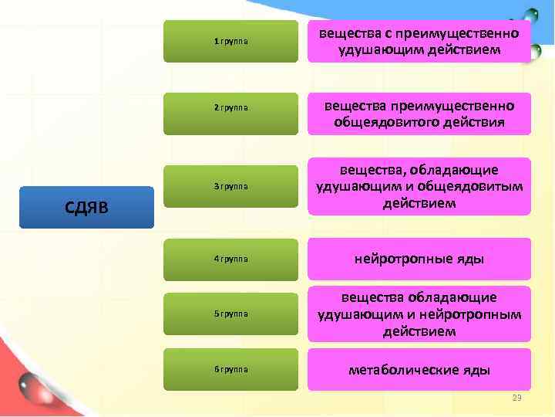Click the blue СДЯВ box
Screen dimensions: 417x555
(x=86, y=207)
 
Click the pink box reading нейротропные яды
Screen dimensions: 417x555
(x=419, y=259)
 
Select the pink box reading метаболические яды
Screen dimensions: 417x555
(x=419, y=369)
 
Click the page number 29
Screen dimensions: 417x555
(x=517, y=397)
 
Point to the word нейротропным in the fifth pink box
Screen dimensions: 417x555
(x=478, y=314)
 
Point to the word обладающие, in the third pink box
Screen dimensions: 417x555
(x=454, y=170)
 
